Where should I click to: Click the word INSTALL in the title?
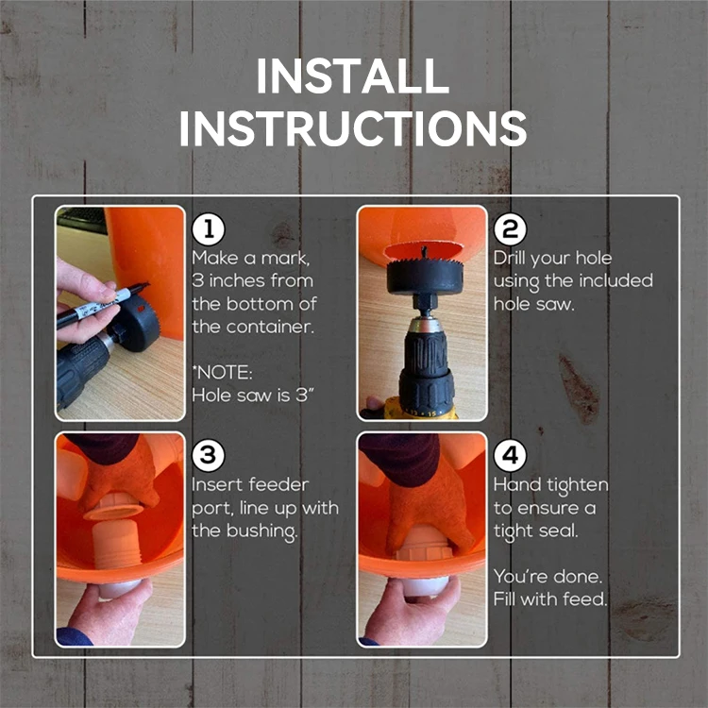coord(353,76)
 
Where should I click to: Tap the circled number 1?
coord(209,229)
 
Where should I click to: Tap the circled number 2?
coord(510,229)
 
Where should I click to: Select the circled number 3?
coord(209,455)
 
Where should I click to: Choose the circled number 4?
coord(510,455)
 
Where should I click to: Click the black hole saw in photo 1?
coord(135,323)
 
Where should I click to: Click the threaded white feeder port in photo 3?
coord(116,542)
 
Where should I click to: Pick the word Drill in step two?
coord(510,259)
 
